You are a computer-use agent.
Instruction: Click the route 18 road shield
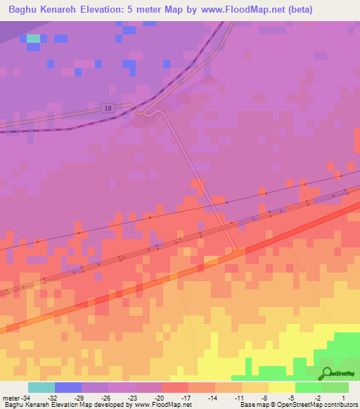107,108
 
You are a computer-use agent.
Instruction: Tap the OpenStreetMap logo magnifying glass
326,373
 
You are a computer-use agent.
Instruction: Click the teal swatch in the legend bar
41,387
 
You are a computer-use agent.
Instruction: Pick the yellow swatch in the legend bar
281,387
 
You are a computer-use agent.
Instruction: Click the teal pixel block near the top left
33,38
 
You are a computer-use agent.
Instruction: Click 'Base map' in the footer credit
251,405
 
